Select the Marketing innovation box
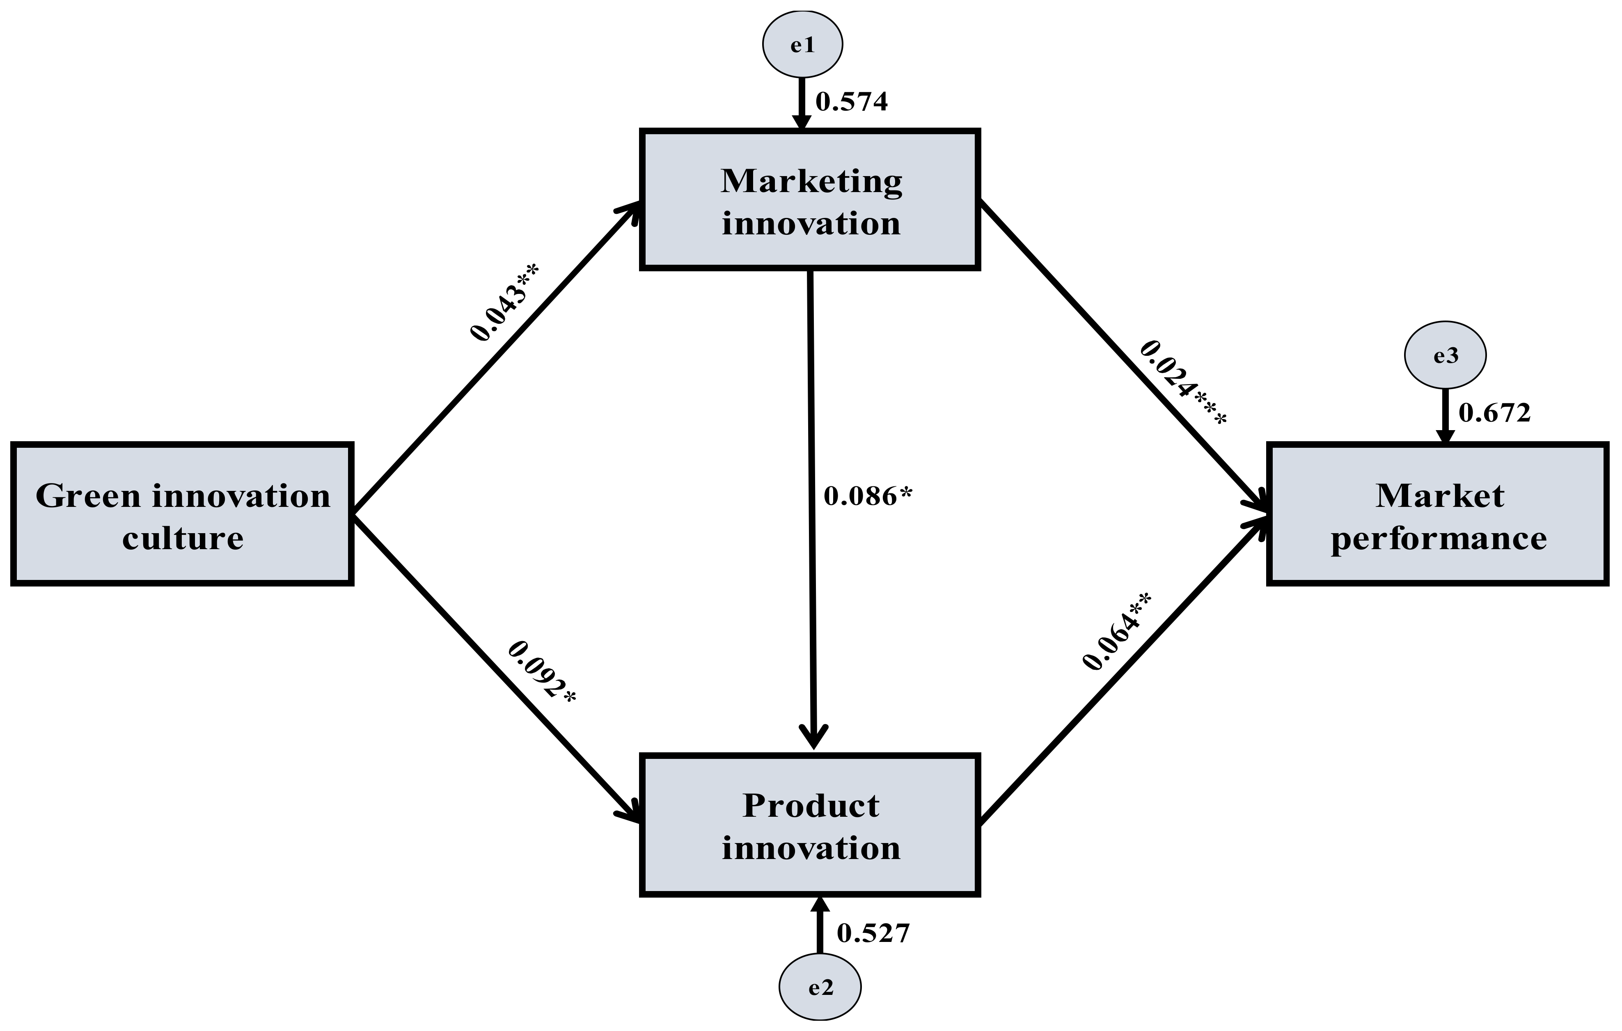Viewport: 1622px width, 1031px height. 810,200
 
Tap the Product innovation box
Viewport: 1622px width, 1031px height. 810,826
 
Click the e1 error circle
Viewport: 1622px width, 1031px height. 802,44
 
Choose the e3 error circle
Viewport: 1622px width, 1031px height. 1446,355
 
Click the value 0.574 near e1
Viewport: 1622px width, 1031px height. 851,102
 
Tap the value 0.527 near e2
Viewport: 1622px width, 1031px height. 873,933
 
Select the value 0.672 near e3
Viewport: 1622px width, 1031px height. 1495,413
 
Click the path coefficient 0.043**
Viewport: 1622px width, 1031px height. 504,302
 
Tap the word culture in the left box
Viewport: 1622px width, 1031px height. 183,538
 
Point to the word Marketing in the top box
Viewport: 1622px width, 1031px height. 811,181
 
